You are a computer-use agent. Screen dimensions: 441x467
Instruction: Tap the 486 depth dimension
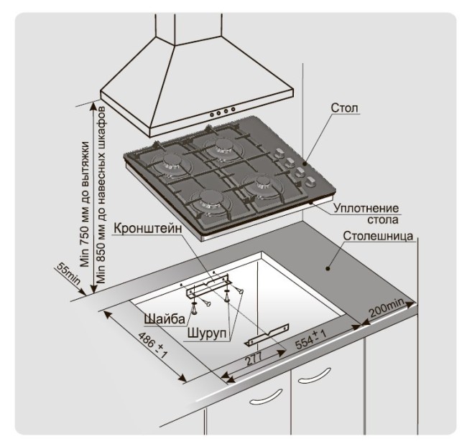coord(151,343)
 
